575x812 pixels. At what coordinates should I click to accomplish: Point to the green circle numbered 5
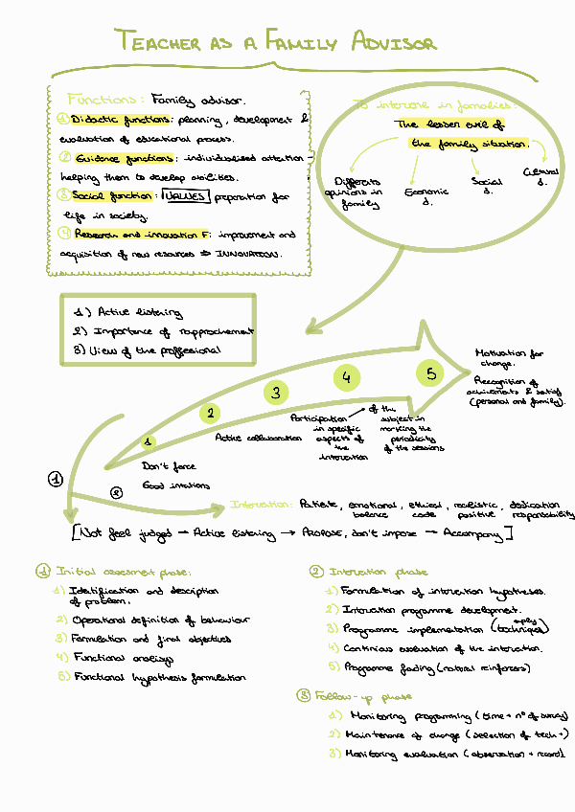click(431, 373)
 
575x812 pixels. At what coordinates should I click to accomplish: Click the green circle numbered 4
click(347, 377)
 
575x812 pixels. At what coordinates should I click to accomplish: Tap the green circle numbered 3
click(276, 392)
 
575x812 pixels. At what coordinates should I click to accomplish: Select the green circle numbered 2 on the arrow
click(210, 413)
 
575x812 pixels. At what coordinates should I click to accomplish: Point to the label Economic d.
click(420, 196)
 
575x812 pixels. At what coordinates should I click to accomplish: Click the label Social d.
click(487, 185)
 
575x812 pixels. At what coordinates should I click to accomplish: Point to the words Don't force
click(168, 466)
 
